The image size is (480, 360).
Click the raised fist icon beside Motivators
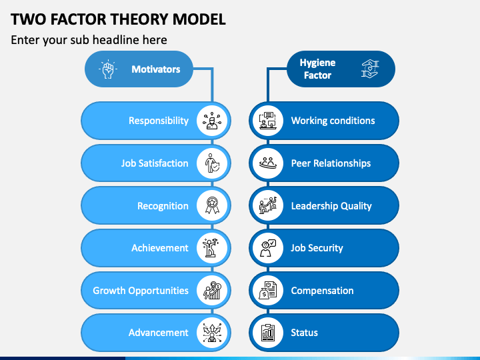point(108,69)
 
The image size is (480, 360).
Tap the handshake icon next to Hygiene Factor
point(370,69)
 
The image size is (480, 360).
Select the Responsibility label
point(159,121)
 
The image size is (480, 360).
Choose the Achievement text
point(160,248)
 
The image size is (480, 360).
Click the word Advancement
point(159,333)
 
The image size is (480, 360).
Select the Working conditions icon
point(267,121)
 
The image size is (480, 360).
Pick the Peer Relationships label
point(331,163)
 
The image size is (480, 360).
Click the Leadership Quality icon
point(267,205)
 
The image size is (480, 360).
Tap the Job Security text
point(317,248)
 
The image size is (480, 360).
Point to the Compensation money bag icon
point(267,291)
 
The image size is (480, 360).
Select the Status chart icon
point(267,333)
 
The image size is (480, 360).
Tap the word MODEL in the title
point(201,19)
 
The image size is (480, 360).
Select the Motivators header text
point(155,69)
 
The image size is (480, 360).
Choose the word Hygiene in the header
point(317,63)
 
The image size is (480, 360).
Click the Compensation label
point(322,291)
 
